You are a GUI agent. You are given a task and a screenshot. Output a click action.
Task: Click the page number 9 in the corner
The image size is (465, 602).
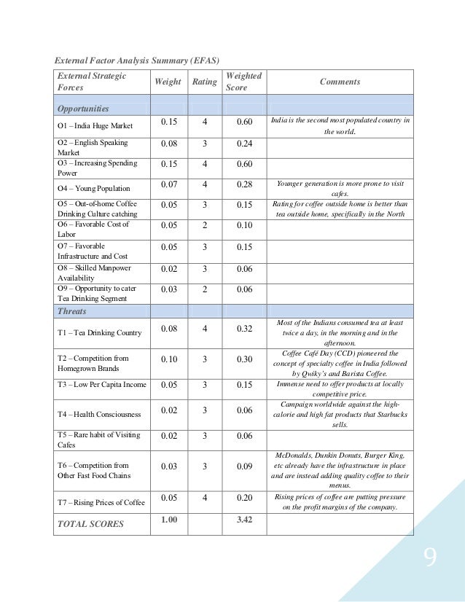coord(430,559)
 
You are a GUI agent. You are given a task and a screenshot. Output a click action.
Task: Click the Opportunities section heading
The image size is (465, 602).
coord(83,109)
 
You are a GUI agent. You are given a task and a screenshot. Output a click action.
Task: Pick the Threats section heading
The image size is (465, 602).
coord(71,311)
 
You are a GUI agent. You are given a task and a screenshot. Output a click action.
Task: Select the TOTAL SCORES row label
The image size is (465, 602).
coord(90,523)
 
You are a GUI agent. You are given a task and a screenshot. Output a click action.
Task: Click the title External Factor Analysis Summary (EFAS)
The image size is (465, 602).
coord(138,59)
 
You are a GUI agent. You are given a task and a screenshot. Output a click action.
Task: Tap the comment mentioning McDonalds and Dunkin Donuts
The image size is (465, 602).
coord(339,470)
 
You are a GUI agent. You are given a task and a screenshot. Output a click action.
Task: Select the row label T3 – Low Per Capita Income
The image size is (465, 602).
coord(101,385)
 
